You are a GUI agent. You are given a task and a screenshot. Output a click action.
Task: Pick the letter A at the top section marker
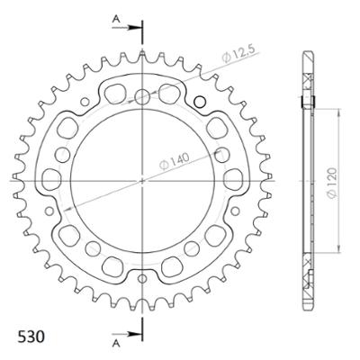coord(115,17)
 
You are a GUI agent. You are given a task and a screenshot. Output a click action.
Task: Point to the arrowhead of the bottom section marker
coord(138,334)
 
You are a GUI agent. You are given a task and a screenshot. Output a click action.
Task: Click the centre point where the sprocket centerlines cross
coord(142,180)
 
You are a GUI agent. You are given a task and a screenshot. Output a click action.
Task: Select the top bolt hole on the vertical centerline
coord(142,96)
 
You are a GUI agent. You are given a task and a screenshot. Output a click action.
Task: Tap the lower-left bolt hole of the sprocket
coord(69,221)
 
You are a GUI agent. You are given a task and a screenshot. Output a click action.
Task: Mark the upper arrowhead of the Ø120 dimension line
coord(339,112)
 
